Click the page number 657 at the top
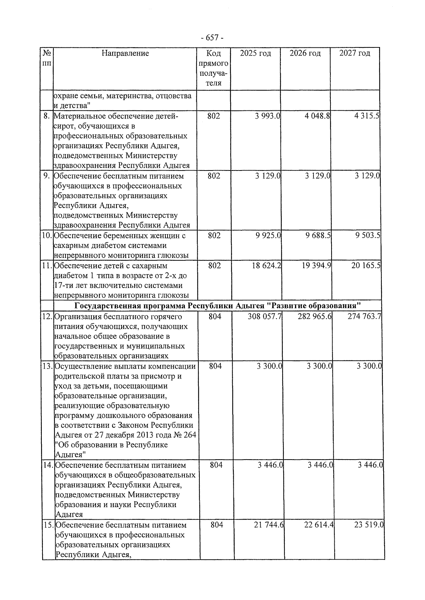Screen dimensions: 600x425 coord(212,37)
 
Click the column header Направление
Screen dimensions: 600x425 coord(125,53)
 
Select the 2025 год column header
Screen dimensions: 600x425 coord(255,53)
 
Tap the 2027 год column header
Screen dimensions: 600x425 coord(355,53)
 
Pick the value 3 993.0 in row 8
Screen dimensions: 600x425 coord(267,116)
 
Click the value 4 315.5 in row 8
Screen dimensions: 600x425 coord(367,116)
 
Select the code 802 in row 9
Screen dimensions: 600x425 coord(214,176)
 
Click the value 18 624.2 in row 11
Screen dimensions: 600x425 coord(267,265)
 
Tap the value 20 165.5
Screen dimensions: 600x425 coord(366,265)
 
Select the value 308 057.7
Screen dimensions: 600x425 coord(265,316)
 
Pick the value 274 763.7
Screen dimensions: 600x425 coord(364,316)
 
